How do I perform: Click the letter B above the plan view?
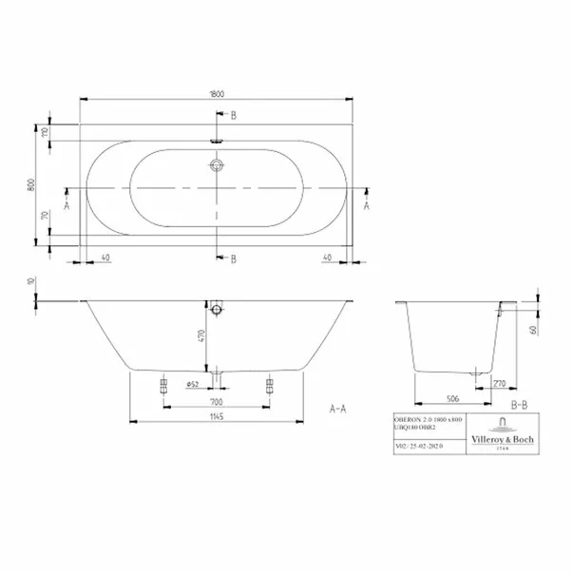(x=232, y=115)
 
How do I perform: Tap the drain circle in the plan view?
(x=219, y=165)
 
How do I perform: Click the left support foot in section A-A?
(x=163, y=383)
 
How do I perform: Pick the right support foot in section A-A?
(x=271, y=383)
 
